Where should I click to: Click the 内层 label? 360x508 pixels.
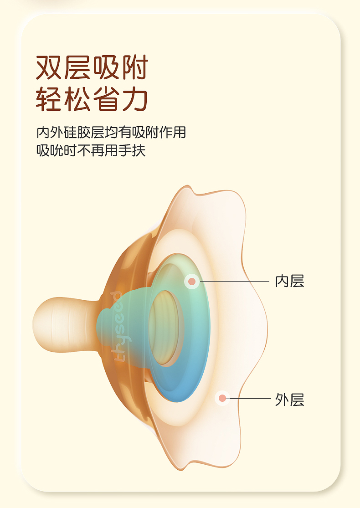point(289,281)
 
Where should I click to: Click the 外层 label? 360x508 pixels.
point(289,400)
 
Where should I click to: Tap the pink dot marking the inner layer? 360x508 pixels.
point(192,281)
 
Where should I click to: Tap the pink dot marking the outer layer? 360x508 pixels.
point(222,399)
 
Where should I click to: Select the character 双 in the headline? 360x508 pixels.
point(50,68)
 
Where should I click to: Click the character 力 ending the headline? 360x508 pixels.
point(135,100)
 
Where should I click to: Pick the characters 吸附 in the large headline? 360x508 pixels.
point(121,68)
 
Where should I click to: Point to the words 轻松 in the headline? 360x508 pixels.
point(64,100)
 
